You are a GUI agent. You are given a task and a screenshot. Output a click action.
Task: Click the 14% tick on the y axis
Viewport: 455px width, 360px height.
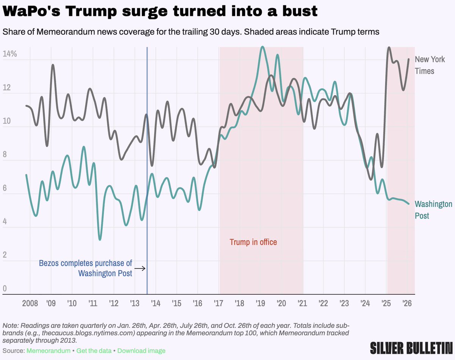pyautogui.click(x=10, y=53)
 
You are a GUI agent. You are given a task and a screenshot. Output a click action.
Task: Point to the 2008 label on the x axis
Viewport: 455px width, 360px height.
pyautogui.click(x=30, y=304)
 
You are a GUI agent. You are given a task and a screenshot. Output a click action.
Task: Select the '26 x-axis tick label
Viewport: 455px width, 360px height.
pyautogui.click(x=406, y=304)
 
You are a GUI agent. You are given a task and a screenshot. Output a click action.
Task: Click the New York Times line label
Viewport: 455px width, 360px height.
pyautogui.click(x=430, y=65)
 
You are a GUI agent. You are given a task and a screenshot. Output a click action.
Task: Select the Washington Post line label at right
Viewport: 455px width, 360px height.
pyautogui.click(x=433, y=210)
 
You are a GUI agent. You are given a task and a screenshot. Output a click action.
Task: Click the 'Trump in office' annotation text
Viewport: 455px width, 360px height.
pyautogui.click(x=253, y=242)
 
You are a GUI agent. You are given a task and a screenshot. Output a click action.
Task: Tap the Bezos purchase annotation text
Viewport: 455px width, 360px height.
pyautogui.click(x=86, y=268)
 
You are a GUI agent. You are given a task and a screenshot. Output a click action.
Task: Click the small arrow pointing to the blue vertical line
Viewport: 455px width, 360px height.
pyautogui.click(x=140, y=268)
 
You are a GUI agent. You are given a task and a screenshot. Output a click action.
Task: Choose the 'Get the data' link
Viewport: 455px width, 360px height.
pyautogui.click(x=94, y=351)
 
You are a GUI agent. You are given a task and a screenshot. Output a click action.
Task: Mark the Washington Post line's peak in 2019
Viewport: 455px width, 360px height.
pyautogui.click(x=262, y=47)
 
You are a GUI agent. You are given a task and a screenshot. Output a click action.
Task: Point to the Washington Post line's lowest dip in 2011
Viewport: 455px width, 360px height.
pyautogui.click(x=100, y=239)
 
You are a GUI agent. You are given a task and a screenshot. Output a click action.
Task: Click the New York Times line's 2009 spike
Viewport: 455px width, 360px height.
pyautogui.click(x=53, y=65)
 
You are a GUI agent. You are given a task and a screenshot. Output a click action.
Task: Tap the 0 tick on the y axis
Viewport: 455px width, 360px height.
pyautogui.click(x=5, y=289)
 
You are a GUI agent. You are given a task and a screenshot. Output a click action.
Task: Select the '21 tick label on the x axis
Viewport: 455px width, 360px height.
pyautogui.click(x=302, y=304)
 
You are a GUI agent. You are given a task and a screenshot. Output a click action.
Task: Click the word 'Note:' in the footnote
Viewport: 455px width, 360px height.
pyautogui.click(x=10, y=326)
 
